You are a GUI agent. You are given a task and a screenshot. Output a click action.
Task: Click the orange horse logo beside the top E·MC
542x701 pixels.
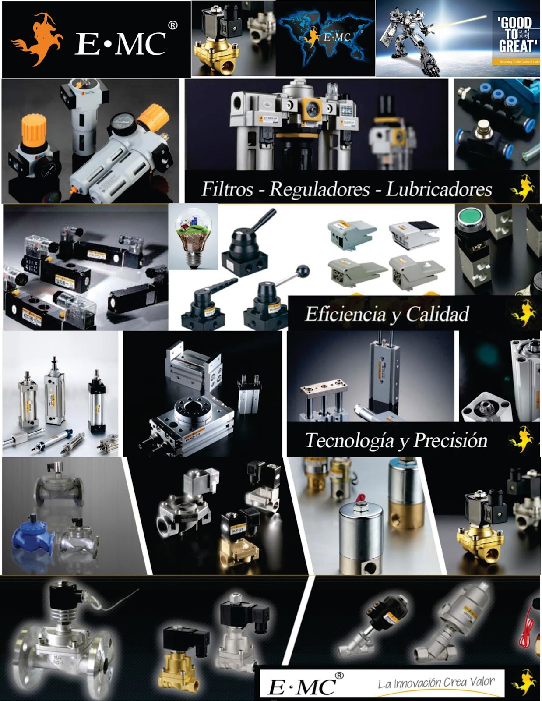[x=37, y=39]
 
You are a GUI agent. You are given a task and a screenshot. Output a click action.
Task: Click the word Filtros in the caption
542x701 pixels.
[x=227, y=189]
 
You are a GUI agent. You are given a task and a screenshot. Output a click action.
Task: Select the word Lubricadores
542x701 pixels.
[x=439, y=189]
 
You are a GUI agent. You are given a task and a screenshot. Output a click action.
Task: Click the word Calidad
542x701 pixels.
[x=437, y=314]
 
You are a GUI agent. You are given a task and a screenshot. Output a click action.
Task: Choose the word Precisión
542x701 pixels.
[x=450, y=440]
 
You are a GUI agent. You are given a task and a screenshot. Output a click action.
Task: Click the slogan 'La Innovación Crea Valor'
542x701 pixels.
[x=436, y=683]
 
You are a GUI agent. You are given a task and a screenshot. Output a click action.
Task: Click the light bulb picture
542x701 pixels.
[x=193, y=237]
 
